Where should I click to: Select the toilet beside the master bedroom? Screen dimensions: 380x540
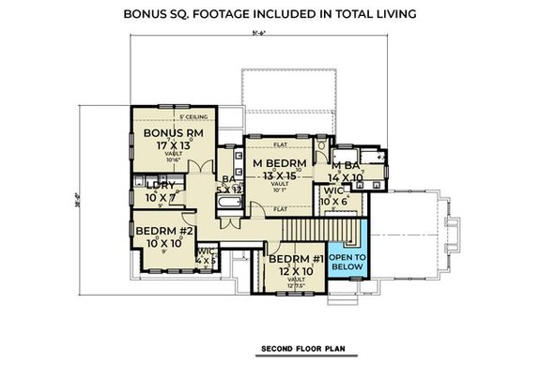pos(321,147)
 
